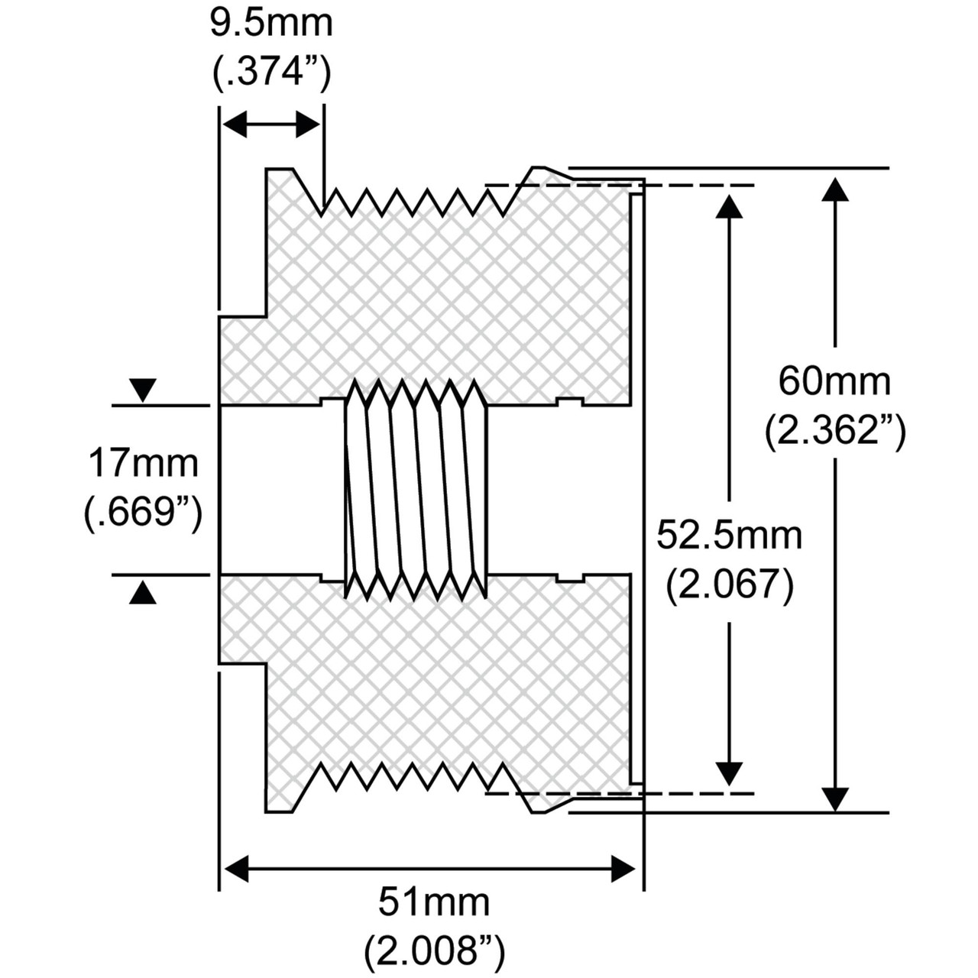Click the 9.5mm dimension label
click(x=271, y=24)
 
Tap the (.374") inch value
click(x=271, y=73)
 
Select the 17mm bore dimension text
click(x=144, y=464)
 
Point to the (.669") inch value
click(x=144, y=515)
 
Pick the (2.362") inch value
click(x=835, y=432)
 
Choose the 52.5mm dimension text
click(x=730, y=536)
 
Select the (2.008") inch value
click(x=435, y=952)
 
